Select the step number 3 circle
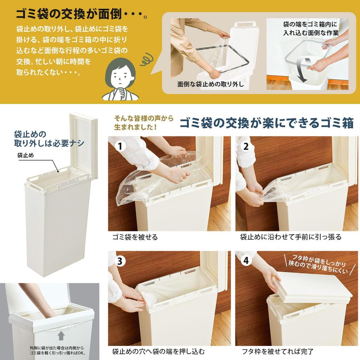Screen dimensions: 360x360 tap(120, 261)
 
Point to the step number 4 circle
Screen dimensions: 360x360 tap(246, 261)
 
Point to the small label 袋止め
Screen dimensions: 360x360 tap(26, 155)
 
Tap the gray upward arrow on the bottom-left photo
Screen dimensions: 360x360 tap(61, 336)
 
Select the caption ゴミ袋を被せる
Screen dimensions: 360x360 tap(135, 237)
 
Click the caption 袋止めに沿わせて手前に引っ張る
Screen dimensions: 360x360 tap(291, 237)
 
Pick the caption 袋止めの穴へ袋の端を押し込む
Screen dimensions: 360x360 tap(158, 351)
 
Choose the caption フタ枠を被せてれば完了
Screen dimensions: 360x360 tap(277, 351)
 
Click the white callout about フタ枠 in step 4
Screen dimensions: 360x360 tap(316, 264)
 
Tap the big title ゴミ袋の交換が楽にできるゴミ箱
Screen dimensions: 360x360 tap(266, 123)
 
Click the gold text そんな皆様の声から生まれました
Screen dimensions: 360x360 tap(144, 123)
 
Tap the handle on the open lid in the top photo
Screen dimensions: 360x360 tap(245, 24)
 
